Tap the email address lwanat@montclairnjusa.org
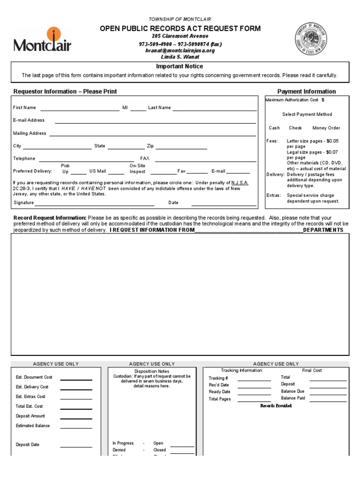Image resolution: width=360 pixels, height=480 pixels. coord(180,50)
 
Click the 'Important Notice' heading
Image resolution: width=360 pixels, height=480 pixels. coord(180,67)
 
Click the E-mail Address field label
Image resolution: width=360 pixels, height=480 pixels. coord(29,120)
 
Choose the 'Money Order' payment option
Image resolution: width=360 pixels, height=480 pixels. coord(326,128)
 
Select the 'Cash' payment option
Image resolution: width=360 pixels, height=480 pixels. coord(274,128)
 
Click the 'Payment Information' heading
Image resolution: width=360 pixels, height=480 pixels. coord(307,91)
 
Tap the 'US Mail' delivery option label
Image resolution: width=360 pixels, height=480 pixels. coord(97,172)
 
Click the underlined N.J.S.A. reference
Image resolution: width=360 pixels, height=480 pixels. coord(240,183)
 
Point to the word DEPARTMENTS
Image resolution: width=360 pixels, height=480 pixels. coord(323,230)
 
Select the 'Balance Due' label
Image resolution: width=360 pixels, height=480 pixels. coord(292,391)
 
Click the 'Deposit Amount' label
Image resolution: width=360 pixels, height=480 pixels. coord(30,416)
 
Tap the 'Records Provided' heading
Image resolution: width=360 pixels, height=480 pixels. coord(276,406)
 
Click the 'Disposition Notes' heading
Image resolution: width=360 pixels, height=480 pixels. coord(151,371)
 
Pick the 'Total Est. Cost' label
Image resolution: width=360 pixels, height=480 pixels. coord(29,406)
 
